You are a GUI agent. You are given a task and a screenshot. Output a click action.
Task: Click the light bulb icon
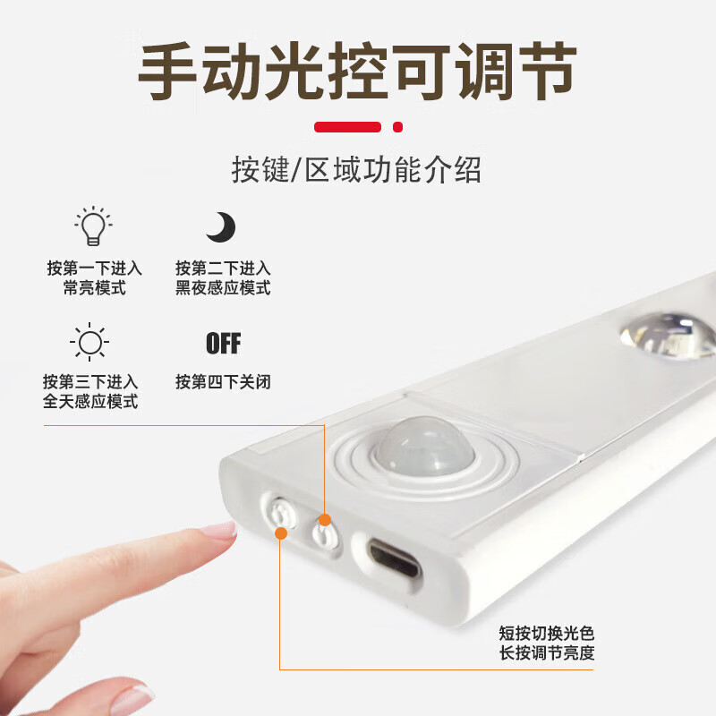click(x=92, y=226)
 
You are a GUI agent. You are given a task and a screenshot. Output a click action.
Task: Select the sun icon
click(x=89, y=343)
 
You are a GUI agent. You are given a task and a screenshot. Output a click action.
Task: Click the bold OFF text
click(x=223, y=344)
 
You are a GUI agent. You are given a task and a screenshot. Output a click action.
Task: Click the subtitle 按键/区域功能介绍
click(x=356, y=169)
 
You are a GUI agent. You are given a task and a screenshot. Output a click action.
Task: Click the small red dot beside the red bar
click(x=398, y=126)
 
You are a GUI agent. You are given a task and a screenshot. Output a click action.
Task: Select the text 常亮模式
click(x=95, y=288)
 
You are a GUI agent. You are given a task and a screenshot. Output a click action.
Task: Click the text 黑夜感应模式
click(x=223, y=288)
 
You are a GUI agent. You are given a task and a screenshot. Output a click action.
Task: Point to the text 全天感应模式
click(x=90, y=402)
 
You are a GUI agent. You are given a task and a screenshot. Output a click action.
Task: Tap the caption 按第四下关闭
click(x=223, y=382)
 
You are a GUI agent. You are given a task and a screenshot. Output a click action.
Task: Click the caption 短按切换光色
click(x=546, y=633)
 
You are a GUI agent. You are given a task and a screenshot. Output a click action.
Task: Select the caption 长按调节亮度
click(x=546, y=653)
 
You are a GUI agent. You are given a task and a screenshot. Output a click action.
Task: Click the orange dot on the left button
click(x=281, y=534)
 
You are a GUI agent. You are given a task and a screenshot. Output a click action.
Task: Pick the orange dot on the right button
click(x=325, y=519)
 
